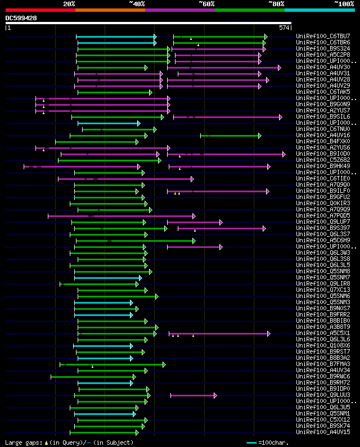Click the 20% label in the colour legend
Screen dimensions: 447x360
click(x=69, y=3)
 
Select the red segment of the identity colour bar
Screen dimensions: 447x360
click(x=40, y=10)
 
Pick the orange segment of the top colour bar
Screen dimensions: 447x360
click(x=110, y=10)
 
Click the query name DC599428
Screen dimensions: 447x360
click(x=21, y=18)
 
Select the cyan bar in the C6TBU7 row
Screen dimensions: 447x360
click(x=116, y=37)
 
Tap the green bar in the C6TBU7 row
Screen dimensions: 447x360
click(x=219, y=37)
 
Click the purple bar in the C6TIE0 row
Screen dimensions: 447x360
click(x=125, y=179)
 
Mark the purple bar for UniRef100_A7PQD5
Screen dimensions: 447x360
click(x=121, y=216)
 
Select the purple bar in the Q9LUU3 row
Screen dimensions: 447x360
click(x=193, y=395)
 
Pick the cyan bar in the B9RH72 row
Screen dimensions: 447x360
click(x=105, y=383)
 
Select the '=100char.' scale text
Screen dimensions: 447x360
click(x=273, y=443)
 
